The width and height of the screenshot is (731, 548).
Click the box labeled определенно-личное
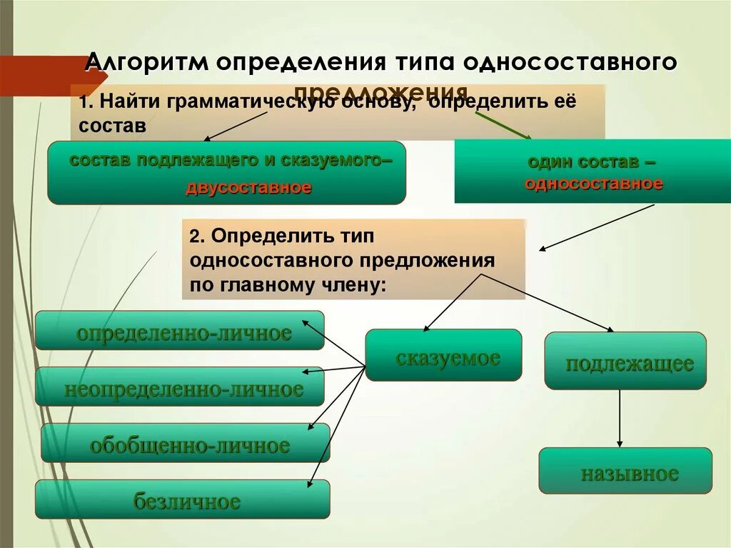(x=180, y=331)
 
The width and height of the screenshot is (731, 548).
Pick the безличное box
(x=183, y=499)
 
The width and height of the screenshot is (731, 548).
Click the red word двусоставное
(x=248, y=188)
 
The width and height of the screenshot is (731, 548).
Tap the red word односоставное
(x=594, y=183)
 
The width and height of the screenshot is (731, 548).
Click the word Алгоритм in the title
(x=146, y=62)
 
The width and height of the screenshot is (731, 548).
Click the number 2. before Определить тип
(x=196, y=236)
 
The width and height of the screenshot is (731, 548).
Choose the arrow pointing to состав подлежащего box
(x=236, y=126)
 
